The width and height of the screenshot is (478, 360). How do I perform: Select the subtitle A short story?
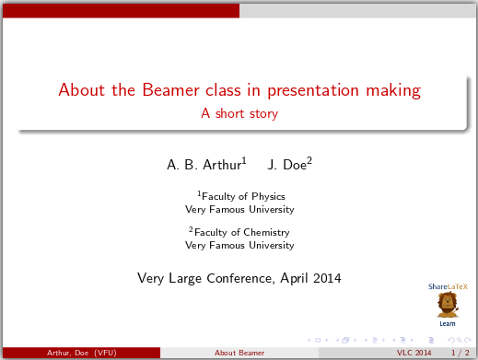pyautogui.click(x=239, y=114)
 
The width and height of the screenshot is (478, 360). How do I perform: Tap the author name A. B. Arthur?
pyautogui.click(x=204, y=165)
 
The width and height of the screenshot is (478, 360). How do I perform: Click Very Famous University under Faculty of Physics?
pyautogui.click(x=239, y=209)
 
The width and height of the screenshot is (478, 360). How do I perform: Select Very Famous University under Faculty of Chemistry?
pyautogui.click(x=239, y=246)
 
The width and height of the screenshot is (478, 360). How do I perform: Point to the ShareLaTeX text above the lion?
pyautogui.click(x=447, y=286)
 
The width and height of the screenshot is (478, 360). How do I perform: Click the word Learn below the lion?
pyautogui.click(x=447, y=324)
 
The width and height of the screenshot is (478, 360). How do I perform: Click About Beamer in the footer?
pyautogui.click(x=239, y=354)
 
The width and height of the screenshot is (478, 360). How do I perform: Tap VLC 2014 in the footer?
pyautogui.click(x=414, y=354)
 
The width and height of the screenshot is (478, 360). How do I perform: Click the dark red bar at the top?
pyautogui.click(x=120, y=10)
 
